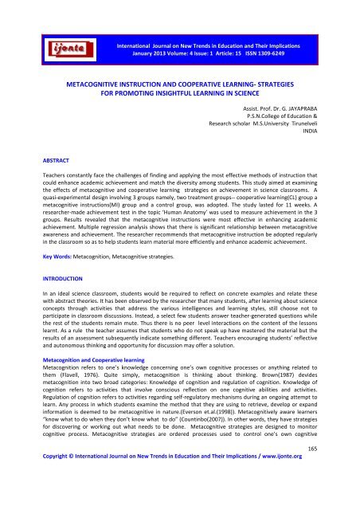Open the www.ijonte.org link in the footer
pyautogui.click(x=311, y=502)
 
